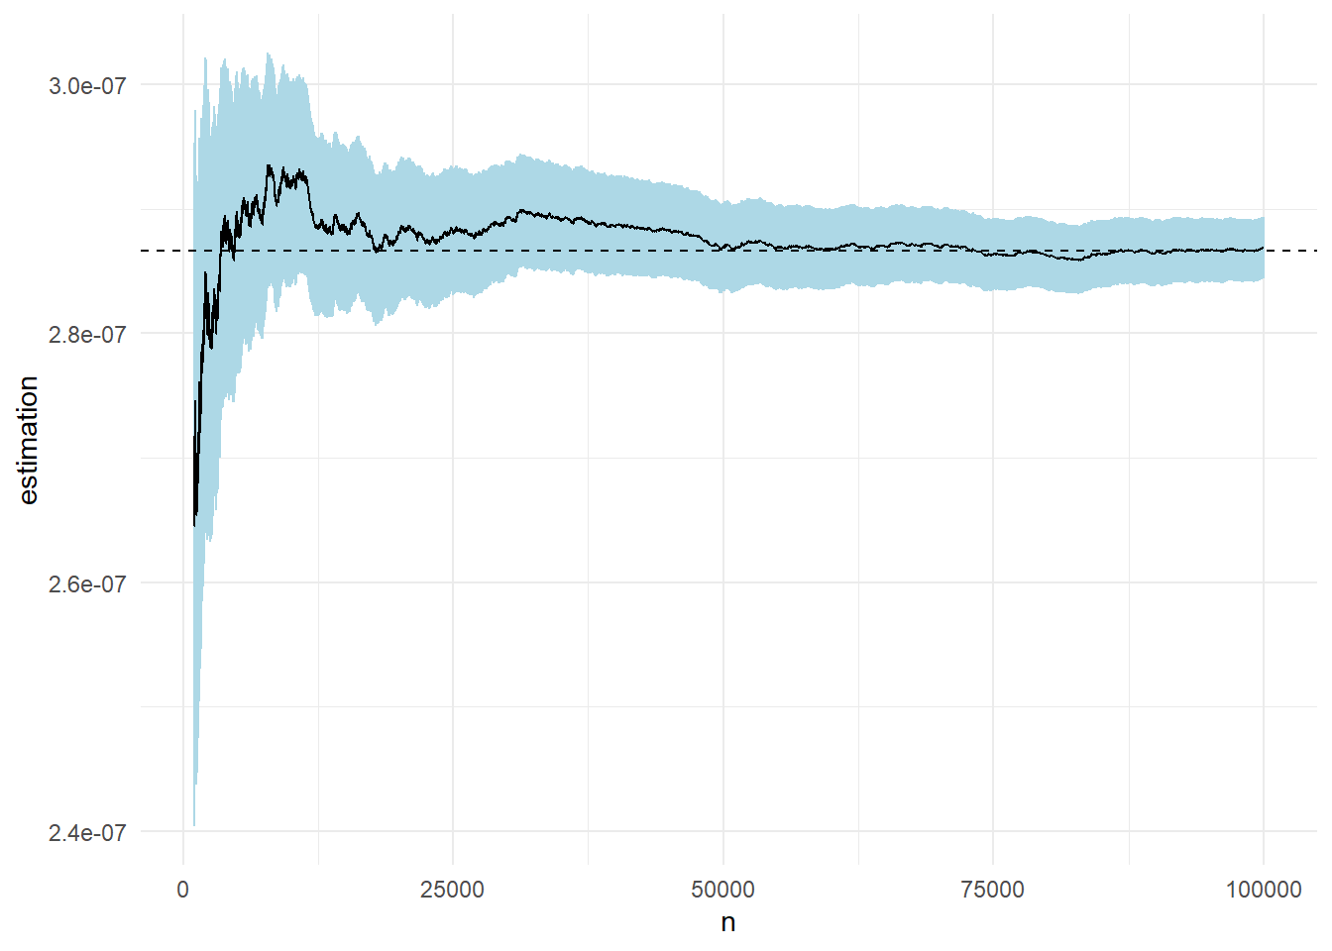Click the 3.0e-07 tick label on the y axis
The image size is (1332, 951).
87,85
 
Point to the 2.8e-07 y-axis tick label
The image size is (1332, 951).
87,334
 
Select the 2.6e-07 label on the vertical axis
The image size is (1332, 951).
87,583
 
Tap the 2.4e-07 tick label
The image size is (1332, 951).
87,832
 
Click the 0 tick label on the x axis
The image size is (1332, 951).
183,890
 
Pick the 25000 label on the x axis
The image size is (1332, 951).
453,890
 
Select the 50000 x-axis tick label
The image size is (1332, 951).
722,890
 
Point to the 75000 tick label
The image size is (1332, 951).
993,890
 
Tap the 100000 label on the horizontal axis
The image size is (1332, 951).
1264,890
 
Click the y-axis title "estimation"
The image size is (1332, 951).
28,440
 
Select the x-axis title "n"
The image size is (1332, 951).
728,923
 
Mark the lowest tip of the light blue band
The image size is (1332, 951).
194,825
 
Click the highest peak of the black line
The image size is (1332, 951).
268,165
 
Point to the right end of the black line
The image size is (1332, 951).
1264,248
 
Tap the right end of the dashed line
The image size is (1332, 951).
1317,251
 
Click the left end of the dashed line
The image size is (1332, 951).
142,251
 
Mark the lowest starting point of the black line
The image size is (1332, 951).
194,526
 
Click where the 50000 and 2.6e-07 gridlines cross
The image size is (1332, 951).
723,582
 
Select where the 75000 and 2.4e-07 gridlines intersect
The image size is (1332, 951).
993,831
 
